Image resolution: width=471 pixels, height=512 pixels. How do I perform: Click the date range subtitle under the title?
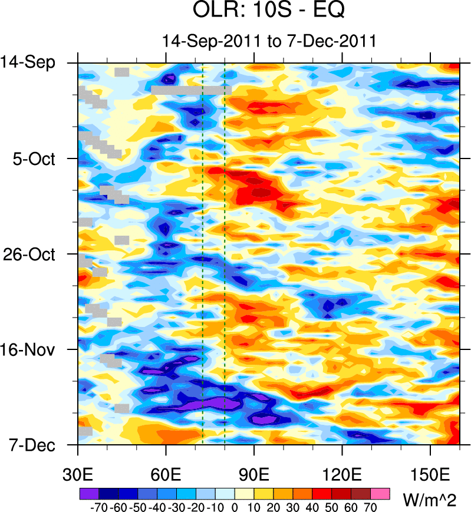pos(268,41)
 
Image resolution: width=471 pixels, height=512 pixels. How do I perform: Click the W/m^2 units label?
pos(430,501)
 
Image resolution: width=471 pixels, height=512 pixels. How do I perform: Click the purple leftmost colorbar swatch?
pos(88,493)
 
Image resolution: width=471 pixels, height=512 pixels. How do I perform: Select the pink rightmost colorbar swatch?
pos(381,493)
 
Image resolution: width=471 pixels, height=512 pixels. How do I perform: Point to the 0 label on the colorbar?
pos(235,506)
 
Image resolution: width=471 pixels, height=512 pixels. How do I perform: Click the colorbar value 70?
pos(371,506)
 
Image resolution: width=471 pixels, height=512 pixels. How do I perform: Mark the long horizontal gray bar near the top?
pos(190,90)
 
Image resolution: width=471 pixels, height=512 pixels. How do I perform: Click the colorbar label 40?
pos(312,506)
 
